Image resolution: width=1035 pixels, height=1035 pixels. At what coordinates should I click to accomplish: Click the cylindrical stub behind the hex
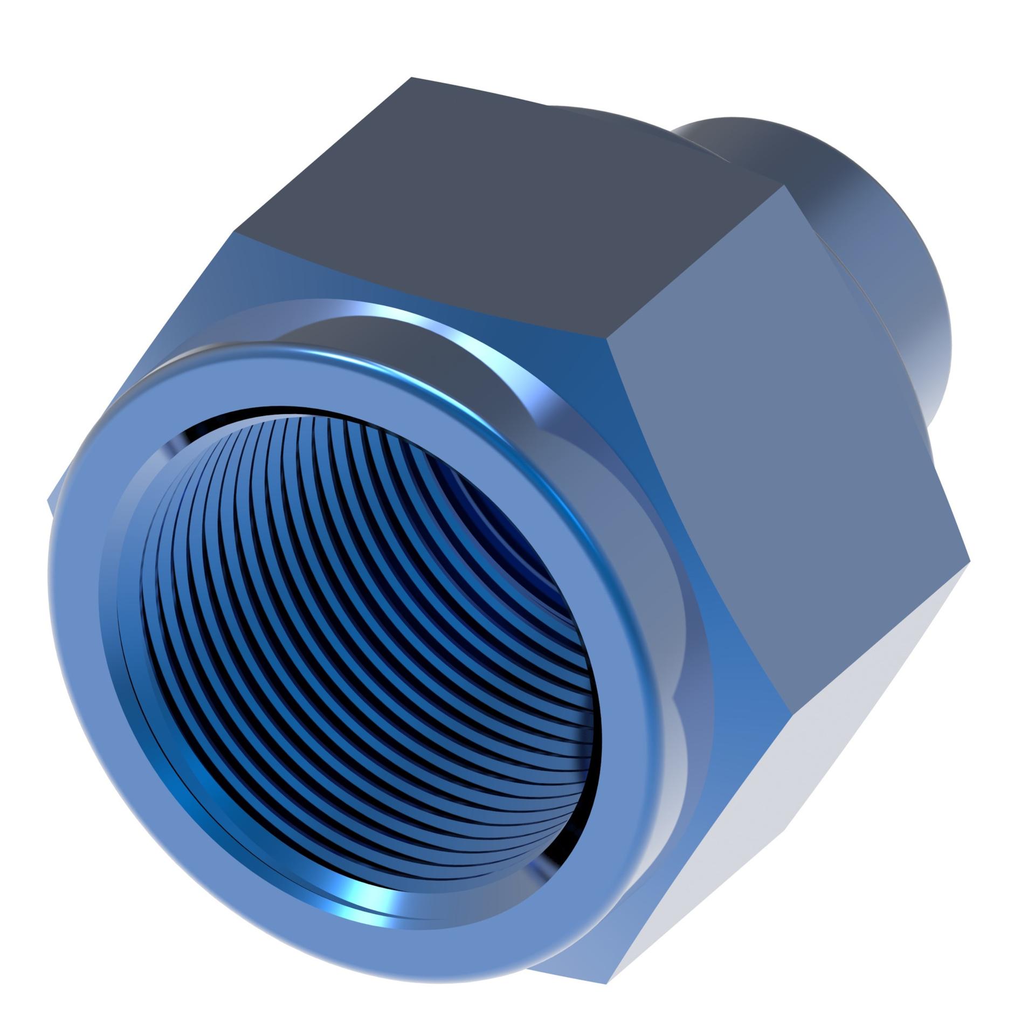[x=862, y=270]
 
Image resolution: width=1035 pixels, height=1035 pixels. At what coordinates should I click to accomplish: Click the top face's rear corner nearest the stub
[x=784, y=186]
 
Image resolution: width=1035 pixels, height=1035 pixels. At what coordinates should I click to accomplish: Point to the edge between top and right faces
[x=695, y=264]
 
